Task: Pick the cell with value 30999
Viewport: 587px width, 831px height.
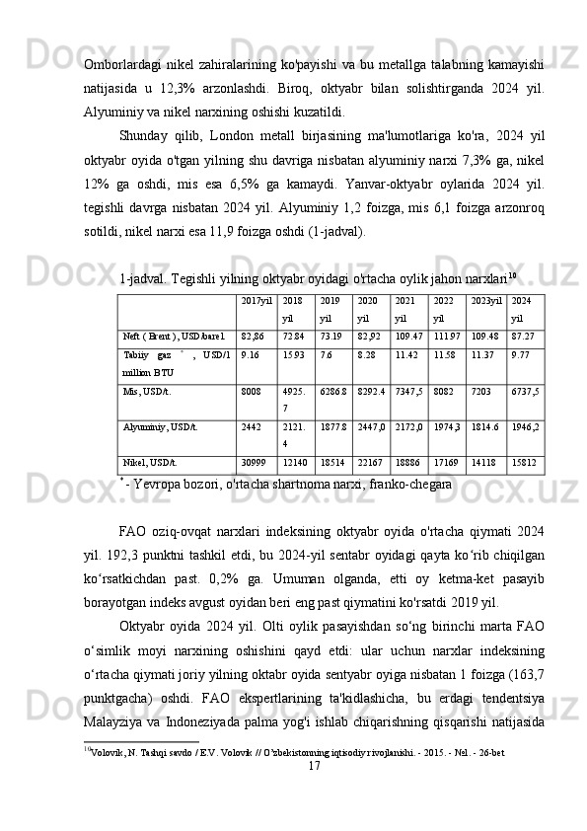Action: tap(254, 462)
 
